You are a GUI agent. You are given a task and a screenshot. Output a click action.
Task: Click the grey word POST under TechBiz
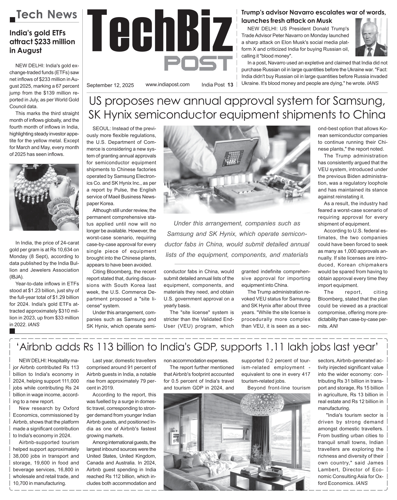point(198,63)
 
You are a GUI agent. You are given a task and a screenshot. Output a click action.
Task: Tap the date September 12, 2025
point(110,85)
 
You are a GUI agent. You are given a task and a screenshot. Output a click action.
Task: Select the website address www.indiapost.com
point(167,85)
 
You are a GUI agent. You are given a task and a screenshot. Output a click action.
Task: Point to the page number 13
point(230,85)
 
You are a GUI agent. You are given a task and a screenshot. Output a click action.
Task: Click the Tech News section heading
point(47,15)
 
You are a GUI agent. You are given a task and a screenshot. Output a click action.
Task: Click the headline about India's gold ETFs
point(42,42)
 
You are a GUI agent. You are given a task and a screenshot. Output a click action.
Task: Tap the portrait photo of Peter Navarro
point(371,37)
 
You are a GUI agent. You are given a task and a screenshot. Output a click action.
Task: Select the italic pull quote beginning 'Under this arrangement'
point(237,239)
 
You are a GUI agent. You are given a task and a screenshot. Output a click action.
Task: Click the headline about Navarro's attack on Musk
point(314,16)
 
